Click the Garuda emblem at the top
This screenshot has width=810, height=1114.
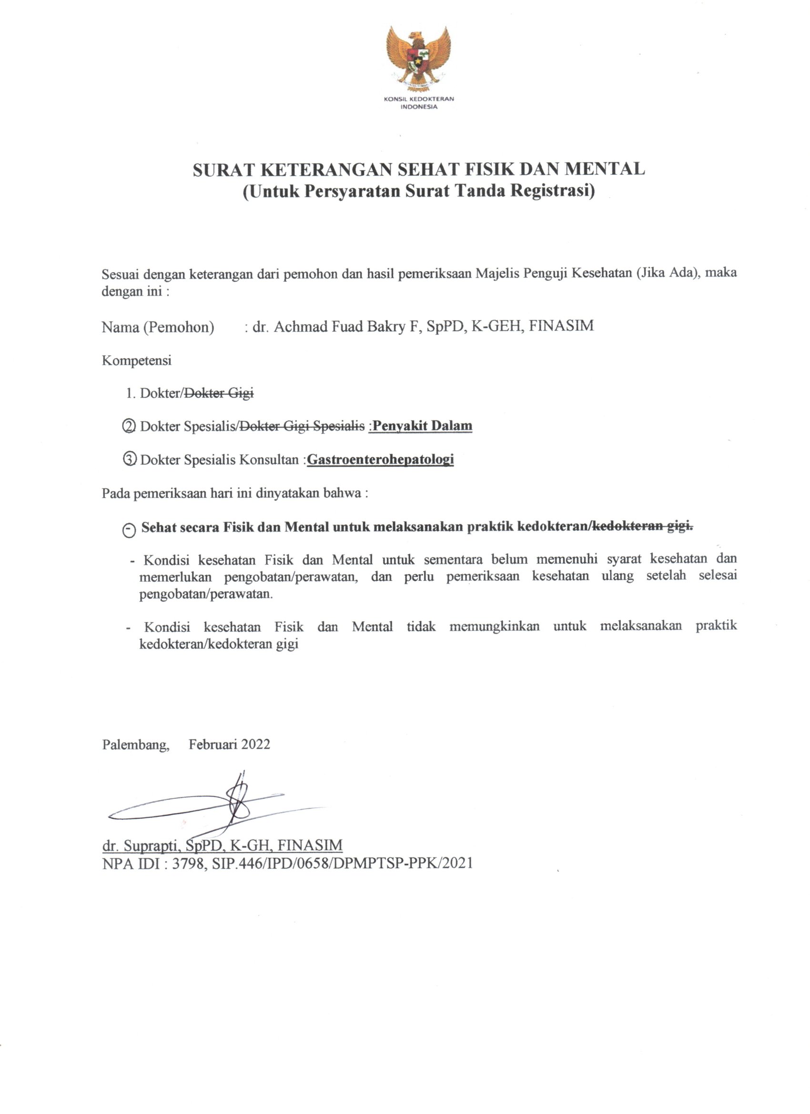[x=418, y=59]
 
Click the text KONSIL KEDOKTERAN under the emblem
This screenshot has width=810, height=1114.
[x=419, y=99]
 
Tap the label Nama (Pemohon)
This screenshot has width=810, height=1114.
[x=158, y=327]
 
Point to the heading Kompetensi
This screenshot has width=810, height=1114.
[x=137, y=360]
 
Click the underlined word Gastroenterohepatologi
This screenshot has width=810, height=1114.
[x=380, y=459]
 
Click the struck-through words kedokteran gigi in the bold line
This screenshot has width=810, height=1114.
[x=643, y=527]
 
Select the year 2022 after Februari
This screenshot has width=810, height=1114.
[x=255, y=745]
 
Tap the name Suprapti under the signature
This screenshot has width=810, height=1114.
[x=153, y=845]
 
